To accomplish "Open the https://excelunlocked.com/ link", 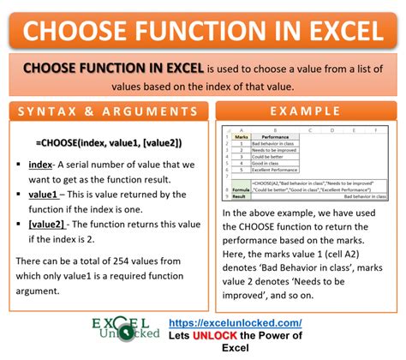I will pos(273,322).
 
